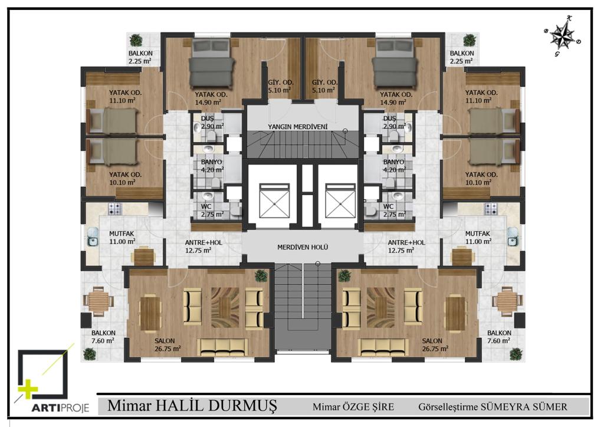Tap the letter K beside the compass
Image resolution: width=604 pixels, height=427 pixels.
[x=569, y=18]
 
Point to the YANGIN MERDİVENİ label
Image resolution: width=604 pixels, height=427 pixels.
[x=298, y=127]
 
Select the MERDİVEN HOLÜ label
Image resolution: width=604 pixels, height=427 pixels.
[x=303, y=247]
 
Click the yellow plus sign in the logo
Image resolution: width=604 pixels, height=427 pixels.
[x=28, y=390]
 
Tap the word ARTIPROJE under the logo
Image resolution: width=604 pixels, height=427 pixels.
[x=60, y=408]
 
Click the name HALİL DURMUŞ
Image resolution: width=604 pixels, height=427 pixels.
[x=215, y=406]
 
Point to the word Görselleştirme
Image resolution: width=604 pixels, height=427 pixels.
[x=448, y=407]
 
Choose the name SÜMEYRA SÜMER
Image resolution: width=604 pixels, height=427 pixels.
[x=524, y=406]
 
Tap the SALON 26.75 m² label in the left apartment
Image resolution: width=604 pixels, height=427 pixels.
[x=168, y=345]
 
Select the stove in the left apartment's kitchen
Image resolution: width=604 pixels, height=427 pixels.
[x=115, y=209]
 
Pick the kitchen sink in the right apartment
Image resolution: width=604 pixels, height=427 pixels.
[x=513, y=237]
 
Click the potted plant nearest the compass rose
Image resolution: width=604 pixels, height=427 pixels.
[x=470, y=40]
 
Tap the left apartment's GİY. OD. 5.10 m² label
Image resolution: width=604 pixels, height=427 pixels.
[x=281, y=86]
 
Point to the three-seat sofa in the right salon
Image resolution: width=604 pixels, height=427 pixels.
[x=383, y=347]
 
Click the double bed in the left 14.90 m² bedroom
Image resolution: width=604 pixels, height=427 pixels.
[x=212, y=63]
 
